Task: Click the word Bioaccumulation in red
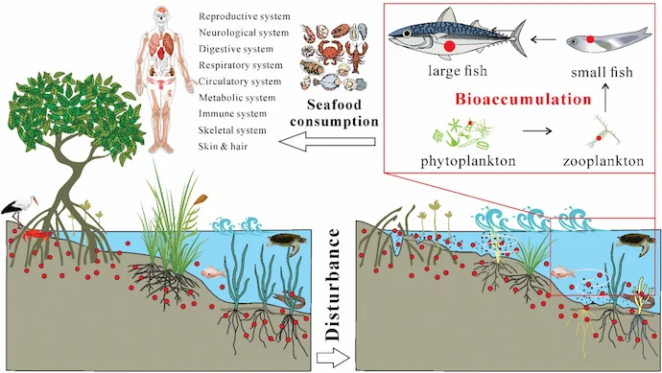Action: pos(523,99)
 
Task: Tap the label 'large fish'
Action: pos(458,70)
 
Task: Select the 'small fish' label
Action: pos(603,72)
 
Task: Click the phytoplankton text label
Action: pos(468,161)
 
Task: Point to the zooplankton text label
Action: pos(603,161)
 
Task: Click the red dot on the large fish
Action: pos(450,46)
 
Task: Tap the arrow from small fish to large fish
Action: pos(543,39)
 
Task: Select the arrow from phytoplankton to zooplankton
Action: pos(537,130)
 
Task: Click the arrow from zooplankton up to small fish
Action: pos(605,97)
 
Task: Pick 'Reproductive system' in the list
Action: pos(245,16)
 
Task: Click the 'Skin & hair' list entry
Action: pos(223,147)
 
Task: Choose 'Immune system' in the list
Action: pos(232,114)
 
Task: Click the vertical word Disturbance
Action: pos(333,285)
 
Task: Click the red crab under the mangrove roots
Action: pos(34,235)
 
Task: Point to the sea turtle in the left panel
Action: pos(287,243)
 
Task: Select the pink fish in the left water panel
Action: pos(213,272)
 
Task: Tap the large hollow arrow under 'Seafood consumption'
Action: pos(327,142)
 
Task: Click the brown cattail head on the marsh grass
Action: pos(201,198)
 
